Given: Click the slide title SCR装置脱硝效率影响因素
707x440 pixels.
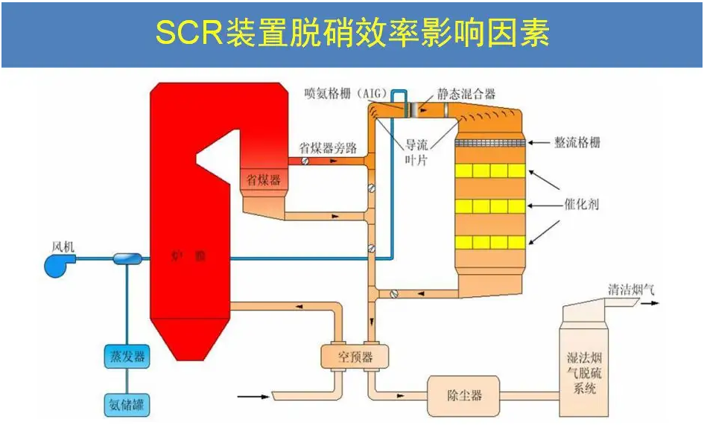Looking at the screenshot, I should pyautogui.click(x=352, y=34).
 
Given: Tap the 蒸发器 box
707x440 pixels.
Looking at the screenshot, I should pyautogui.click(x=124, y=356).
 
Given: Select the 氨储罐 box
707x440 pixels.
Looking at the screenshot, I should pyautogui.click(x=124, y=405).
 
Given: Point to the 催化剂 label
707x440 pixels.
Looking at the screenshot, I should pyautogui.click(x=581, y=203).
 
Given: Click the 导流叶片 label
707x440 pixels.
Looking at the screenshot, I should pyautogui.click(x=416, y=153).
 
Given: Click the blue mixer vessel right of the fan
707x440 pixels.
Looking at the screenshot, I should pyautogui.click(x=127, y=258).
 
